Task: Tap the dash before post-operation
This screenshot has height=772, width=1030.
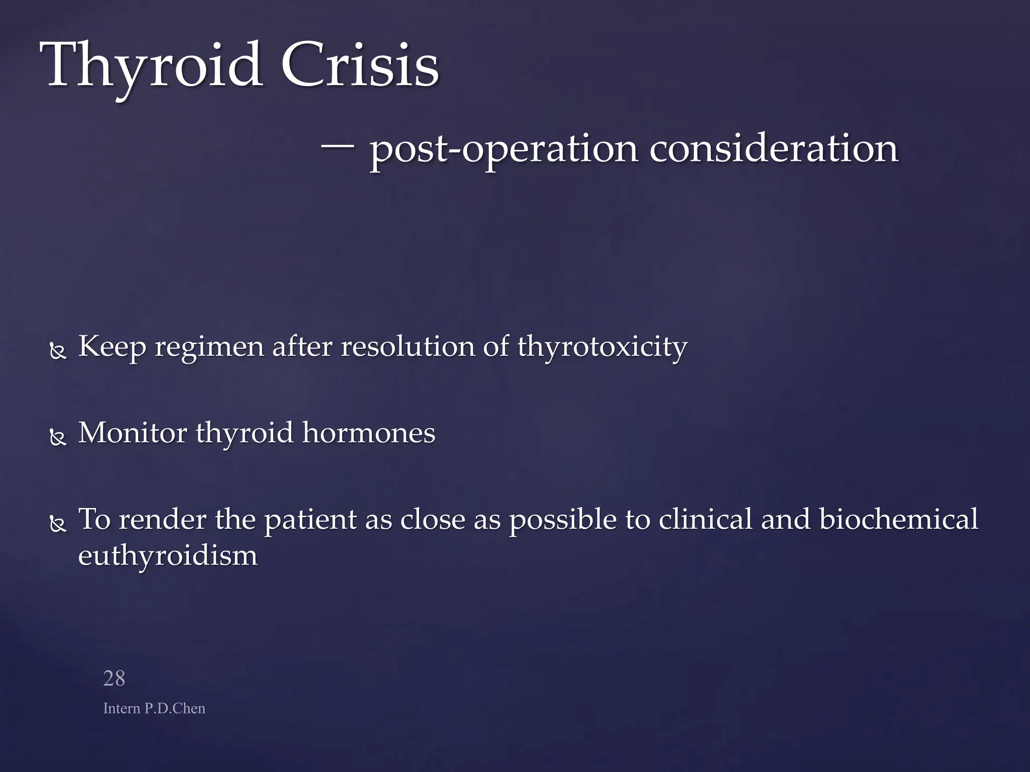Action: pos(337,147)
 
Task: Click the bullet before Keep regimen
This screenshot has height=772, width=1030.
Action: pos(58,351)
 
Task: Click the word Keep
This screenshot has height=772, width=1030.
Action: pos(112,347)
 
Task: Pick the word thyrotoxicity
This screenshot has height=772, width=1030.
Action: pos(602,347)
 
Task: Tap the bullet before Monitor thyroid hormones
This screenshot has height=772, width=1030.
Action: pos(58,438)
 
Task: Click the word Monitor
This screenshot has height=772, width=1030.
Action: pos(133,433)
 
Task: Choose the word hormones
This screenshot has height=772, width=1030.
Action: pos(368,433)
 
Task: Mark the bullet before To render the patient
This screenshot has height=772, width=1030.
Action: pos(58,524)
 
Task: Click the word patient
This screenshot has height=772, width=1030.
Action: pos(310,520)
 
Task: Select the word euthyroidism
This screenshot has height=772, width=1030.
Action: pos(168,556)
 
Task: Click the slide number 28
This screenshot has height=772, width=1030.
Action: pos(114,679)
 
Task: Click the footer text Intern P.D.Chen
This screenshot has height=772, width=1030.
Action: pos(154,708)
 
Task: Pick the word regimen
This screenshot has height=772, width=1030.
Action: pos(209,347)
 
